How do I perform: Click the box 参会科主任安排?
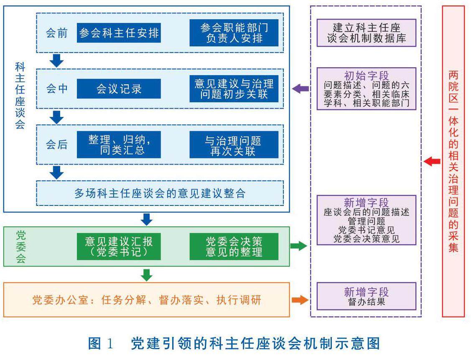[119, 33]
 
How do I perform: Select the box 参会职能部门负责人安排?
[234, 33]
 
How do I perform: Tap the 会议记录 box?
[119, 89]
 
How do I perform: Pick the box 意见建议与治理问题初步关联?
[234, 89]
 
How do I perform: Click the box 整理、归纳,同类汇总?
[119, 145]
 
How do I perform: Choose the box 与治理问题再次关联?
[234, 145]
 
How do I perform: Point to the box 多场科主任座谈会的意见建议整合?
[160, 193]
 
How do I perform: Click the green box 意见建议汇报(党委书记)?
[119, 247]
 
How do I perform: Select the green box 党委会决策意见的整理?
[234, 247]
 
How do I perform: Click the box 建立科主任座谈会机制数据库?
[367, 33]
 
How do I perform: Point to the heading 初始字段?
[367, 76]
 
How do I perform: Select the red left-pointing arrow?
[432, 161]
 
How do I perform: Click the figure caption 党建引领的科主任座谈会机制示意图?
[255, 343]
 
